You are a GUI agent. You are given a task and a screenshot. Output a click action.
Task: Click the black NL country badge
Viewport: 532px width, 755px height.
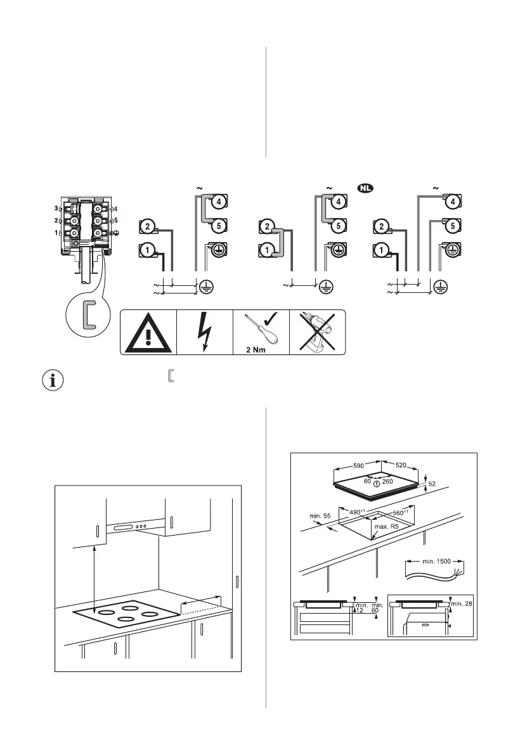[364, 188]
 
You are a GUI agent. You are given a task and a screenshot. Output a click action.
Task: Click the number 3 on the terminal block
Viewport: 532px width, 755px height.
[56, 208]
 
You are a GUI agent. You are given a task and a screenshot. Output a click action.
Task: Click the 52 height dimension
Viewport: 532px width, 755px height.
[431, 484]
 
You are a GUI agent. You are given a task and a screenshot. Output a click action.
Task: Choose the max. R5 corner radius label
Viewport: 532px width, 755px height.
[390, 527]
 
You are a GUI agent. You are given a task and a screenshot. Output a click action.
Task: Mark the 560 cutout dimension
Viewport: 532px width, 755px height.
[399, 511]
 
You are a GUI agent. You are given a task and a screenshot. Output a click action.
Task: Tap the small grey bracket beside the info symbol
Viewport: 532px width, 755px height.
[169, 377]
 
